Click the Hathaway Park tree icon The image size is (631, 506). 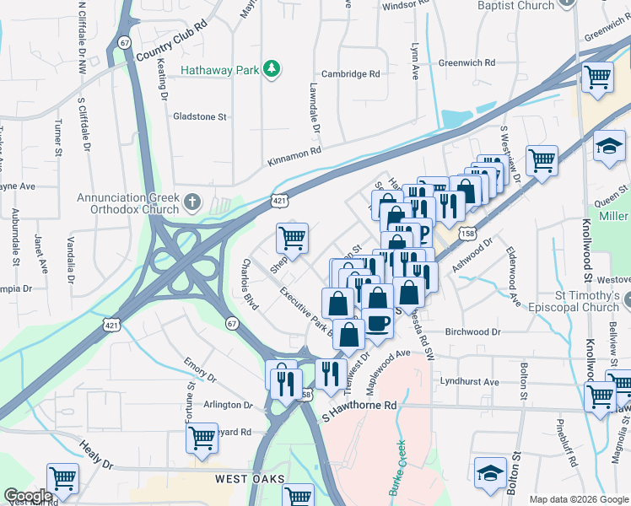click(272, 68)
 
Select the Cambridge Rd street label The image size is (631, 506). click(349, 74)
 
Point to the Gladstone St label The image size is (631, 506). click(200, 116)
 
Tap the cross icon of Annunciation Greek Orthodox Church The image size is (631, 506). click(193, 202)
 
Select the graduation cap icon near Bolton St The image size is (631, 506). click(490, 474)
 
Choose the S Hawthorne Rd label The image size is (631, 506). click(359, 406)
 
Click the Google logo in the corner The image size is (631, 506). click(28, 496)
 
